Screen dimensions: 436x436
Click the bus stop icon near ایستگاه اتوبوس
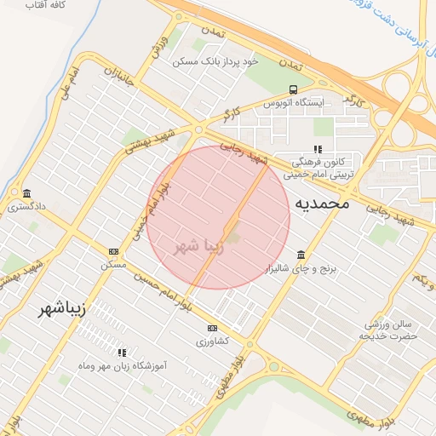[293, 89]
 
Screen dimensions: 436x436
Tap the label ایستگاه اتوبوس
[293, 103]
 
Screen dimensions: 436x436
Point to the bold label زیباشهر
[63, 308]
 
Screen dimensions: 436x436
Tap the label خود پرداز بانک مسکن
[214, 62]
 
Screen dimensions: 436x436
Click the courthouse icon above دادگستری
[28, 192]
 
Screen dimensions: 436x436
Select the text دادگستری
[28, 206]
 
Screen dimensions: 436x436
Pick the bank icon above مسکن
[113, 251]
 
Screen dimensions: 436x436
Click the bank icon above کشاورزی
[212, 328]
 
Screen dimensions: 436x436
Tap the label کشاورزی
[212, 341]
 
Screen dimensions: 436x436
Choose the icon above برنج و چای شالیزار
[301, 255]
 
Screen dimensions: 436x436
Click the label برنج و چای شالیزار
[301, 269]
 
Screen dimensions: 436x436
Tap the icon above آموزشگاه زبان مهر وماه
[123, 351]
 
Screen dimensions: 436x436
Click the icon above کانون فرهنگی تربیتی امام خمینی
[318, 149]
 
